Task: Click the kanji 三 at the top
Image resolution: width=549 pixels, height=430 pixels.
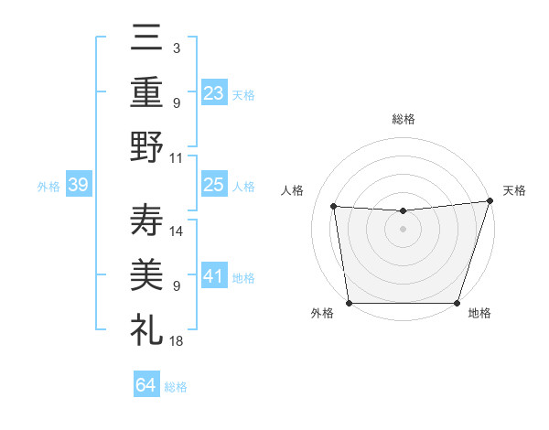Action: click(x=146, y=38)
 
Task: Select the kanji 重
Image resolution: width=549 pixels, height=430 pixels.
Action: click(x=146, y=91)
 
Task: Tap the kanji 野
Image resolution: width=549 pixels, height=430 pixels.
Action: click(x=146, y=146)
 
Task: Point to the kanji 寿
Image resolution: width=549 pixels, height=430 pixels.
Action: click(x=146, y=220)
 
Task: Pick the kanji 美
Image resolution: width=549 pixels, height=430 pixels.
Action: click(x=146, y=274)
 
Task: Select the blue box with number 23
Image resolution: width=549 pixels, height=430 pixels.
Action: click(x=213, y=92)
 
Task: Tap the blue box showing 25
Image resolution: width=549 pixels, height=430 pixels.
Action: click(x=213, y=185)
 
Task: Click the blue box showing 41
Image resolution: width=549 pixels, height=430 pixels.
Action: click(x=213, y=276)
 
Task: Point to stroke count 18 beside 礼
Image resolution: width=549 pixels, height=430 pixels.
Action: click(x=178, y=340)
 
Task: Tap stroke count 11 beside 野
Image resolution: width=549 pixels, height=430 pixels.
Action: click(x=178, y=157)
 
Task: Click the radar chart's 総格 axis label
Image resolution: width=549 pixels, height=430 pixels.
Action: click(x=403, y=119)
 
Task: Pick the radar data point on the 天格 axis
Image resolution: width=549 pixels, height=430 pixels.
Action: click(x=490, y=200)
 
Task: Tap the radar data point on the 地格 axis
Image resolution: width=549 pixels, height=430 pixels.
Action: click(x=457, y=303)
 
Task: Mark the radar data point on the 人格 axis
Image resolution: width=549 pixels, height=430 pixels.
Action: click(x=334, y=207)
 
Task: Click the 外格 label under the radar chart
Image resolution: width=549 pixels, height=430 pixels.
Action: click(x=322, y=313)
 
